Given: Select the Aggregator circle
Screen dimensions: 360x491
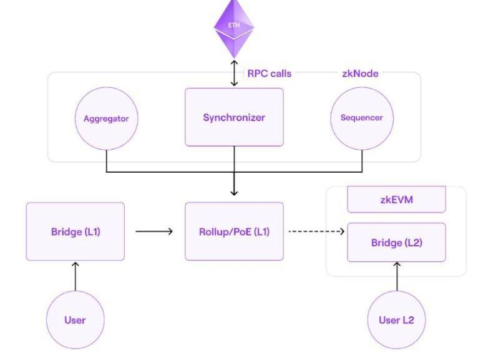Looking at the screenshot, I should tap(106, 118).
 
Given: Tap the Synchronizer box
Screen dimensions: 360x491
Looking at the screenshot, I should tap(234, 117).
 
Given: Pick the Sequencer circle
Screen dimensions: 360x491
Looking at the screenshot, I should tap(362, 118).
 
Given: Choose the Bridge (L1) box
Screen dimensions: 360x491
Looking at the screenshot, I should tap(75, 231).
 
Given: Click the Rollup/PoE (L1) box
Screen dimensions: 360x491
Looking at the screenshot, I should tap(234, 231).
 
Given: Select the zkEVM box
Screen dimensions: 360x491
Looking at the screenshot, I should tap(396, 200).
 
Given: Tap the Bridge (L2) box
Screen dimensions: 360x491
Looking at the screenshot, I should tap(396, 242).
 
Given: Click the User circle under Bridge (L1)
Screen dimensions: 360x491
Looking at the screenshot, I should tap(75, 320).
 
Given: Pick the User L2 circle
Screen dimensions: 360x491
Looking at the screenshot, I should tap(396, 320).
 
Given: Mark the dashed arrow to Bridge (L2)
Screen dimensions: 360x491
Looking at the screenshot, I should tap(316, 231).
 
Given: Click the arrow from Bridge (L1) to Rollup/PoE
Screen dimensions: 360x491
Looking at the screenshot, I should tap(154, 231).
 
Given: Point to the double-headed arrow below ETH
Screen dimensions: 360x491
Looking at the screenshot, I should tap(234, 74).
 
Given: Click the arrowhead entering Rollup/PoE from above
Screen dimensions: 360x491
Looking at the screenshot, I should tap(234, 192).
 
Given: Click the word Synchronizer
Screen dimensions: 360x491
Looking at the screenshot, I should tap(234, 117).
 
